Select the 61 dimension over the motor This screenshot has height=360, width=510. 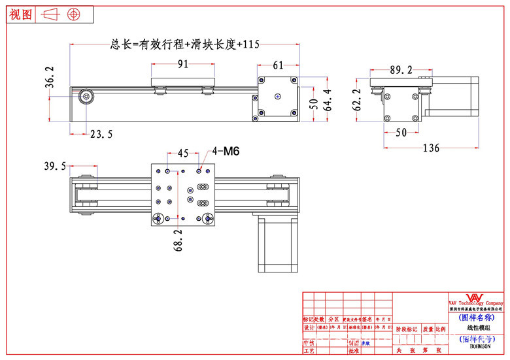(278, 65)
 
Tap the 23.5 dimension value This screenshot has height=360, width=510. (101, 134)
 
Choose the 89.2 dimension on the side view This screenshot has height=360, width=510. (401, 69)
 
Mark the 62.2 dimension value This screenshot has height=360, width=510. (356, 101)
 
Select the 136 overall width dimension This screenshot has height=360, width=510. (430, 148)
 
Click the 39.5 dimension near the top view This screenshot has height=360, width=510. (55, 167)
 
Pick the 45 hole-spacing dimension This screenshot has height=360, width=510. (183, 154)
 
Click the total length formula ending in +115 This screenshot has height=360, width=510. (186, 44)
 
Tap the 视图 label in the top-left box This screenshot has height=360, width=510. (21, 14)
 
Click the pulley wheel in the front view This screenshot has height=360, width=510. (86, 97)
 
